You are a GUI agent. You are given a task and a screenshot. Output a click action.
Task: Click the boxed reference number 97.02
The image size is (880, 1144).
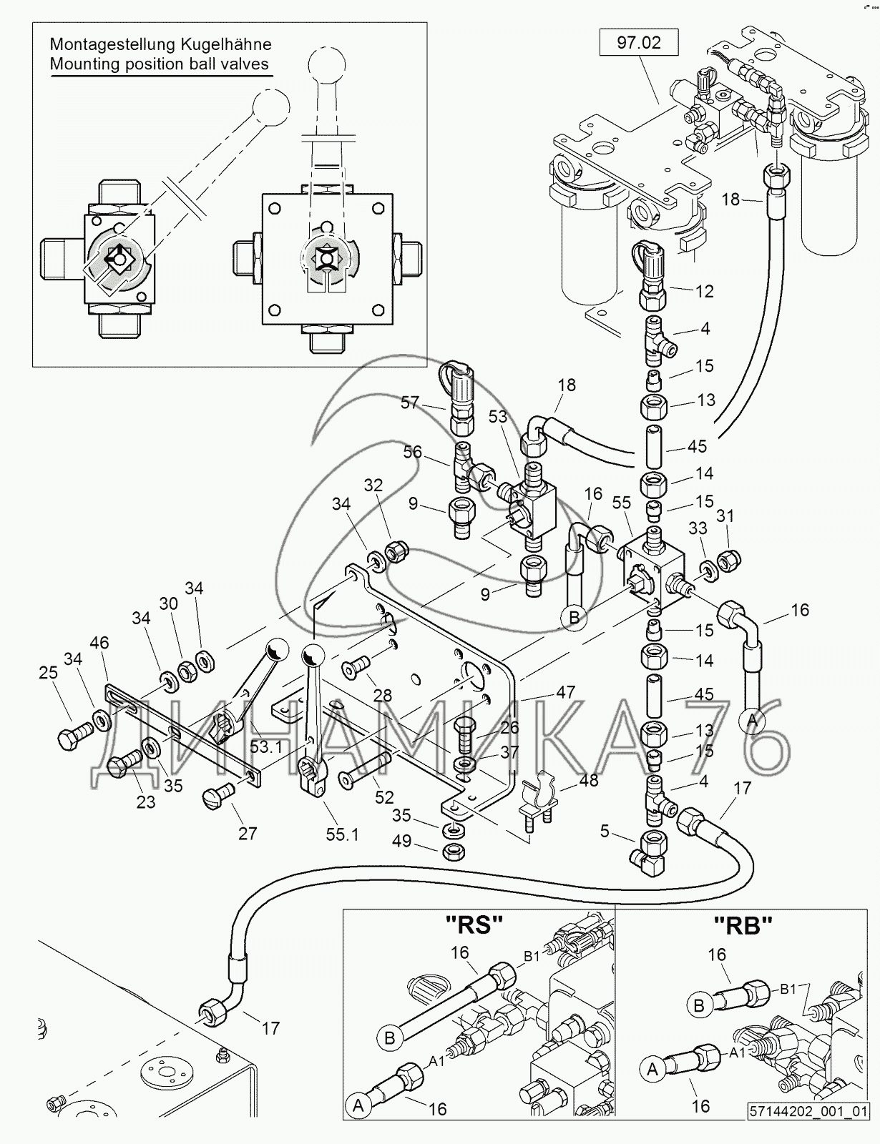pos(639,43)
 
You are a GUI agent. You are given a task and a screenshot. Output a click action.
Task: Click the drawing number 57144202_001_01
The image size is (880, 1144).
pos(808,1132)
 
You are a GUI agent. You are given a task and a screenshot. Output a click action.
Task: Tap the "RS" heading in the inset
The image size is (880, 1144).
pos(474,924)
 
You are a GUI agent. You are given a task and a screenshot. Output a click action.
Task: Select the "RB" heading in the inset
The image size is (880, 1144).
pos(743,925)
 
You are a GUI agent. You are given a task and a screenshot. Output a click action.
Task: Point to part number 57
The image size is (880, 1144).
pos(410,403)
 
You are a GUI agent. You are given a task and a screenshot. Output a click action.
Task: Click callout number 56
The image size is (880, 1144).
pos(412,452)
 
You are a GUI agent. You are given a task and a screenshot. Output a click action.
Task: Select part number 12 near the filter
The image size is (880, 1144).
pos(704,292)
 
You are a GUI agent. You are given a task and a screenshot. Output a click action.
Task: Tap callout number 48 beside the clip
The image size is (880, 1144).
pos(588,781)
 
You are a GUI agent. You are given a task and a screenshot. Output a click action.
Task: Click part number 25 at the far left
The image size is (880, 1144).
pos(49,673)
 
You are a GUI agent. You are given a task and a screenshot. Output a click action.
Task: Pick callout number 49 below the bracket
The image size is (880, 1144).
pos(402,841)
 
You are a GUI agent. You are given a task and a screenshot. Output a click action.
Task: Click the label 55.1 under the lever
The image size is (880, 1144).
pos(342,834)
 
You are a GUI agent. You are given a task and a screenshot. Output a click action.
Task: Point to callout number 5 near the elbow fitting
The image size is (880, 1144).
pos(605,832)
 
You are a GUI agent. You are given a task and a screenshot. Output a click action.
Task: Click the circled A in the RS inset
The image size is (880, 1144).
pos(358,1105)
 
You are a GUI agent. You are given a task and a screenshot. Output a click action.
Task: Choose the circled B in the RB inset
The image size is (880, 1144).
pos(699,1005)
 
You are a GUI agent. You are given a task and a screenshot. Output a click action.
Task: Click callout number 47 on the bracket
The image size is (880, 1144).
pos(565,691)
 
